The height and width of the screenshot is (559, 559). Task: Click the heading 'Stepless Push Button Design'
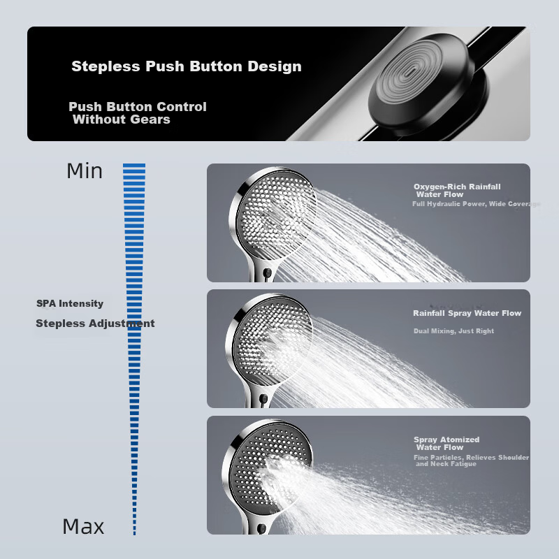click(187, 66)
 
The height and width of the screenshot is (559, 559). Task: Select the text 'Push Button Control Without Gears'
click(138, 113)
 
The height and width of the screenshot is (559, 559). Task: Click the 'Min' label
click(85, 170)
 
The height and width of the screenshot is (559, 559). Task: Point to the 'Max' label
click(83, 527)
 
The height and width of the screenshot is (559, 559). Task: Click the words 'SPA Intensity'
click(70, 303)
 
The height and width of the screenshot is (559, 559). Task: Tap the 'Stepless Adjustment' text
click(95, 324)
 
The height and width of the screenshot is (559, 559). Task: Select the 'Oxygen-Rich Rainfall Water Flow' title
click(457, 190)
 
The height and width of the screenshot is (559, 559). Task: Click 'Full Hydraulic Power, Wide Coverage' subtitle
click(477, 204)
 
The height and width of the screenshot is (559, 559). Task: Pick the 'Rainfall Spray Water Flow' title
click(467, 313)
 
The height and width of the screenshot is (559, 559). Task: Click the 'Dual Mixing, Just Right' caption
click(453, 331)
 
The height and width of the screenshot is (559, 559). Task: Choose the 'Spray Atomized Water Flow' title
click(447, 443)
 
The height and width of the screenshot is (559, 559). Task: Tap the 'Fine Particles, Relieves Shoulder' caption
click(471, 458)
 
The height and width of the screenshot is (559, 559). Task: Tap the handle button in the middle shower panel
click(264, 398)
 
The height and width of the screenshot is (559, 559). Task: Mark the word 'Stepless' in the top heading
click(106, 66)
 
